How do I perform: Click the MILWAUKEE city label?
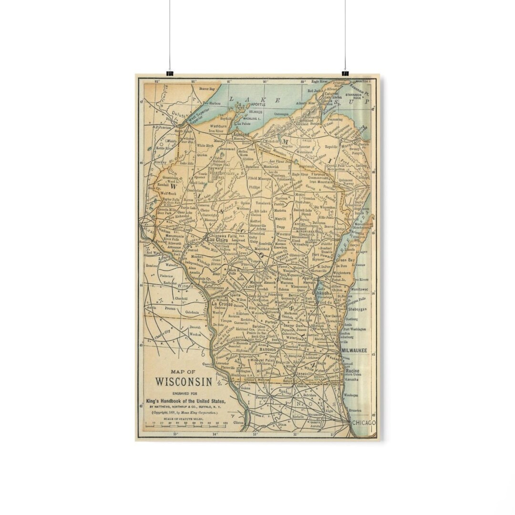click(354, 350)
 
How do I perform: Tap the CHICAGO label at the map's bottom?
click(364, 423)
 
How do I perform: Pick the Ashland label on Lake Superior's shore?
click(241, 135)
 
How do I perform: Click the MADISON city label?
click(268, 349)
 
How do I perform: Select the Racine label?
click(352, 371)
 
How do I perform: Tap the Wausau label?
click(283, 235)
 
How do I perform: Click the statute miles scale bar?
click(186, 422)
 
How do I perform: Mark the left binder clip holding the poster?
click(170, 73)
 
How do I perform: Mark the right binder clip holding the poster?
click(345, 73)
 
